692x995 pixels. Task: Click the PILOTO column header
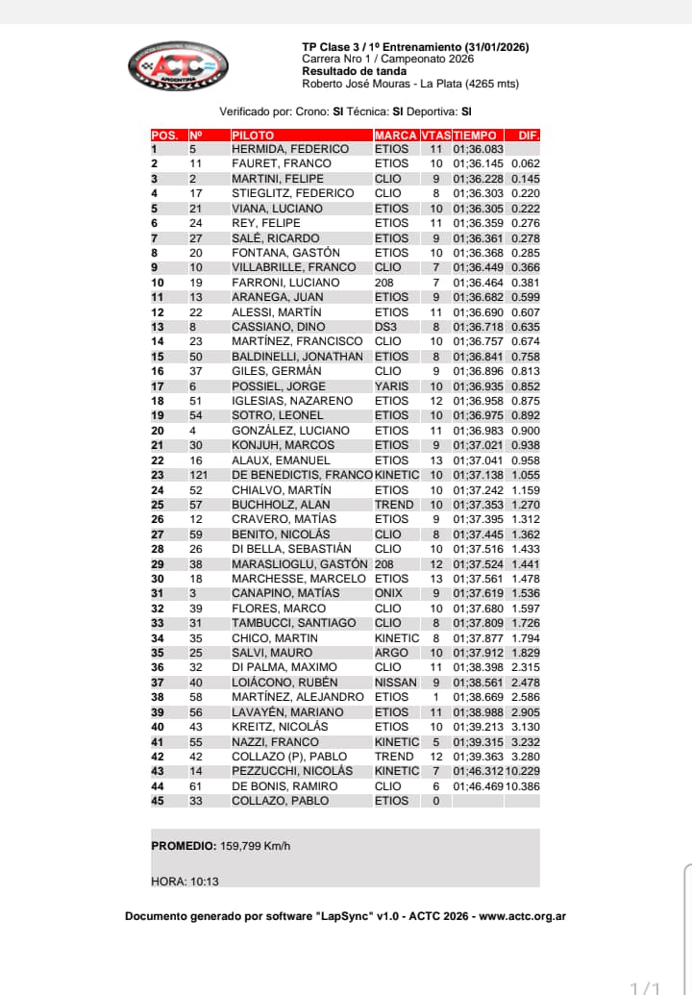(x=253, y=136)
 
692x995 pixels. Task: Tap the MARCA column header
(x=395, y=136)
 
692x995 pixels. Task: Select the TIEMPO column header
(x=475, y=136)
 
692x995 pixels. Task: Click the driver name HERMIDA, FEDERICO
(x=290, y=149)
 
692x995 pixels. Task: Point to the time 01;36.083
(x=478, y=149)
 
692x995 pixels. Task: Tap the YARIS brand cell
(x=391, y=386)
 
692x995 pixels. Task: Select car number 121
(x=198, y=475)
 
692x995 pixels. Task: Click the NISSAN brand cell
(x=395, y=683)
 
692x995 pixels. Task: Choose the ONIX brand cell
(x=389, y=593)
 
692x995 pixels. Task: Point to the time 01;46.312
(x=478, y=771)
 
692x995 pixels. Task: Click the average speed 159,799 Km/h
(x=255, y=847)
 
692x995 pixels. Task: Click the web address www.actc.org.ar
(x=522, y=916)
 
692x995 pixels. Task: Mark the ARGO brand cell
(x=390, y=653)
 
